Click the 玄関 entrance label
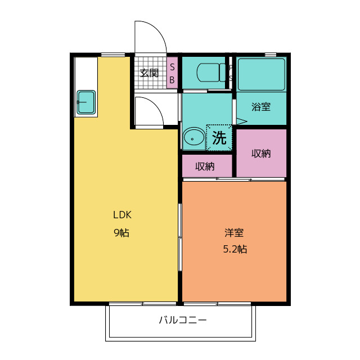(149, 73)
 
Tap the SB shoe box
(172, 73)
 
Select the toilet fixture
(211, 73)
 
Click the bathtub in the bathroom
(261, 74)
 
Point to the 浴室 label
(261, 107)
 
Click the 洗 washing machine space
(219, 137)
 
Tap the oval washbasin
(194, 137)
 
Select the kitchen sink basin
(86, 102)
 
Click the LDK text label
(122, 215)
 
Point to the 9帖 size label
(121, 233)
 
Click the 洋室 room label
(234, 232)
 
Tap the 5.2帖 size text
(235, 249)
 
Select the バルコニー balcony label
(183, 320)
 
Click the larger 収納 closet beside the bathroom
(261, 153)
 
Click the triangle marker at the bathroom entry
(242, 121)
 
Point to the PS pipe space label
(231, 73)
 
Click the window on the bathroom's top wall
(271, 55)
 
